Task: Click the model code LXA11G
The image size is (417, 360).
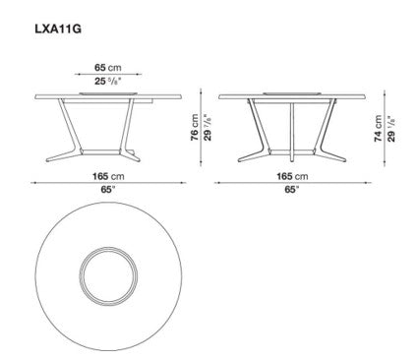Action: pyautogui.click(x=58, y=29)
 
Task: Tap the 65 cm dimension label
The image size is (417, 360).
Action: pyautogui.click(x=108, y=68)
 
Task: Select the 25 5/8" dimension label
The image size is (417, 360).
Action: pyautogui.click(x=108, y=81)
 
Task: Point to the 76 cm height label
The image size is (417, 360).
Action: pyautogui.click(x=195, y=128)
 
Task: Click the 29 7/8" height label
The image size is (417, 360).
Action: pyautogui.click(x=208, y=128)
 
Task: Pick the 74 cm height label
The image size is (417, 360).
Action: pyautogui.click(x=378, y=129)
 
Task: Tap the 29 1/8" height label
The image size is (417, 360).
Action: pyautogui.click(x=391, y=129)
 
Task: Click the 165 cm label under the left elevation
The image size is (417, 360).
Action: pyautogui.click(x=108, y=176)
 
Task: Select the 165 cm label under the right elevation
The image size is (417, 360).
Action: pyautogui.click(x=292, y=176)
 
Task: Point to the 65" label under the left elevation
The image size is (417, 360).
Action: pyautogui.click(x=108, y=190)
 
